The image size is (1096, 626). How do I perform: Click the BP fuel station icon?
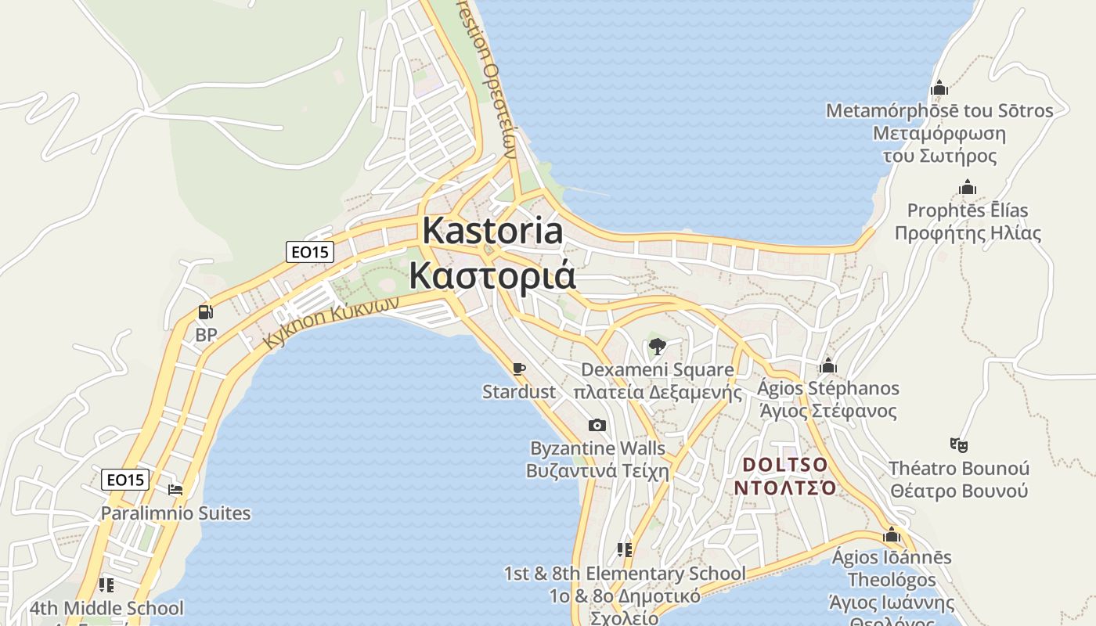tap(205, 312)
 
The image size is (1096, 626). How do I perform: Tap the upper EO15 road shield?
tap(310, 252)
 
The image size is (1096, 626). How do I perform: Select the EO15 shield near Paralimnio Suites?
tap(125, 480)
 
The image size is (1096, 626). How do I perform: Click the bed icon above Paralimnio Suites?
tap(175, 490)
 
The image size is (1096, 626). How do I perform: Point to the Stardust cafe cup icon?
tap(518, 369)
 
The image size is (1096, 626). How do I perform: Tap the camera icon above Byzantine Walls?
tap(597, 425)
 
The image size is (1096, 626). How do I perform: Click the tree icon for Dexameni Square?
tap(657, 346)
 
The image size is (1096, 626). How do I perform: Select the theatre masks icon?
tap(959, 445)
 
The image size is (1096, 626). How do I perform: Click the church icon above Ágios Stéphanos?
tap(827, 365)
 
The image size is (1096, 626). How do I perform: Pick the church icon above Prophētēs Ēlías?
tap(968, 188)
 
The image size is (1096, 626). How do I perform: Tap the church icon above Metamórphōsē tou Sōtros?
tap(939, 88)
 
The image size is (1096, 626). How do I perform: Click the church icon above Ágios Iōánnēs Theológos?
tap(892, 535)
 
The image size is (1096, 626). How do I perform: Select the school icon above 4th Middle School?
tap(106, 585)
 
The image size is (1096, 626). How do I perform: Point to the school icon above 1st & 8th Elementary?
tap(624, 550)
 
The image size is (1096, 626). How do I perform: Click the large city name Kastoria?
tap(492, 231)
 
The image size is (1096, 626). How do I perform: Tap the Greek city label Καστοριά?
tap(492, 275)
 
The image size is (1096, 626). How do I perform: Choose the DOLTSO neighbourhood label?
tap(784, 465)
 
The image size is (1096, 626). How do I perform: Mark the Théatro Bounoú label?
tap(959, 469)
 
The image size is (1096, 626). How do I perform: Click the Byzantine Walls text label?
tap(598, 449)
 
